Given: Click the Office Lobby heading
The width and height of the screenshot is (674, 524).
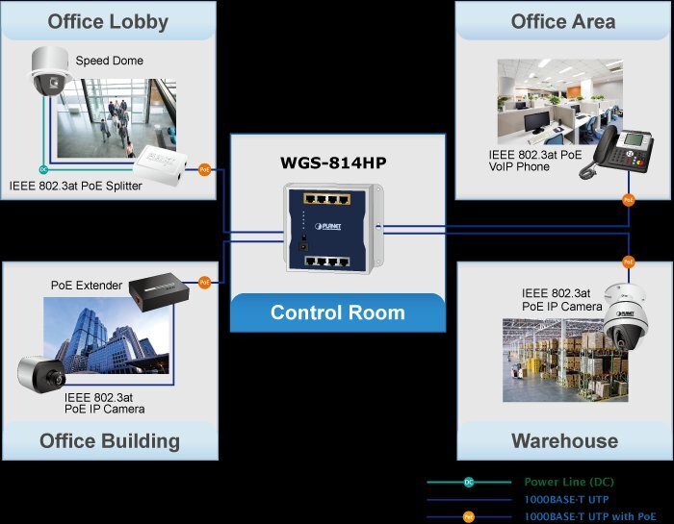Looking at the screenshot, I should tap(108, 21).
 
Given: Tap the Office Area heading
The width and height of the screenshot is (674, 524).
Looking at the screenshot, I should tap(563, 21).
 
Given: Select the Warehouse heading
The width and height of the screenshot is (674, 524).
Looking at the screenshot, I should tap(564, 441).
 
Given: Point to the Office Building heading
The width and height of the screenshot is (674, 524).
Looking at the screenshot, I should tap(110, 441).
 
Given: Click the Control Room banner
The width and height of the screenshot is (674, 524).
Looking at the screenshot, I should tap(337, 312).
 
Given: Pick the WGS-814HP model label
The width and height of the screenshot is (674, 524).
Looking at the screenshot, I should tap(338, 162).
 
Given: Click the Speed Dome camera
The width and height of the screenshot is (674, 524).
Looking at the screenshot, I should tap(46, 71).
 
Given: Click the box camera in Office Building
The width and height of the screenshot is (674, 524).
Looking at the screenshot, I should tap(40, 376).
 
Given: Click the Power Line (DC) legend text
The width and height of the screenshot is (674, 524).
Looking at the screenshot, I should tap(569, 482).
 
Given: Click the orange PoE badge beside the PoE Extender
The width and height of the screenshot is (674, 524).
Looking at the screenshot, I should tap(204, 283).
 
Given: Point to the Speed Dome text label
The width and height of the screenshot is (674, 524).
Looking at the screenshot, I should tap(109, 61).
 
